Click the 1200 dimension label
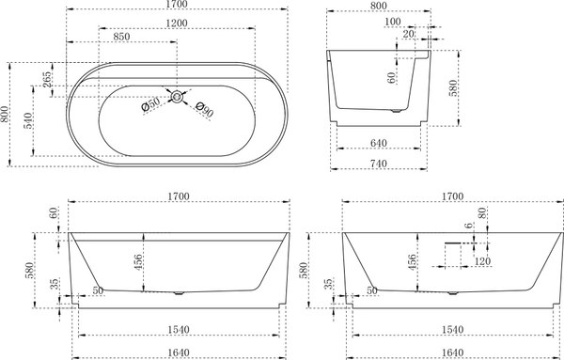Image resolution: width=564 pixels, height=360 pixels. click(x=177, y=23)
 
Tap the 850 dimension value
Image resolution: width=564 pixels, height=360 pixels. click(x=121, y=37)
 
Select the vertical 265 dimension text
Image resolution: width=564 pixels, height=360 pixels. click(x=47, y=80)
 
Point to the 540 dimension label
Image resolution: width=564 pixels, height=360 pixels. click(x=29, y=120)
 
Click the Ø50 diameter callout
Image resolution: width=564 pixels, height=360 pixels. click(x=150, y=104)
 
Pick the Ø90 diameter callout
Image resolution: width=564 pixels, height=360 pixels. click(x=205, y=109)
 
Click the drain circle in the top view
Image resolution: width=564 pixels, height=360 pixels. click(x=177, y=97)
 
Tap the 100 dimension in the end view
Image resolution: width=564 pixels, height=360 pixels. click(x=392, y=22)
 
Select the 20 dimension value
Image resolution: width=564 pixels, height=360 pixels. click(x=409, y=34)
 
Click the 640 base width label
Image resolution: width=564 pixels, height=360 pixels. click(x=379, y=143)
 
